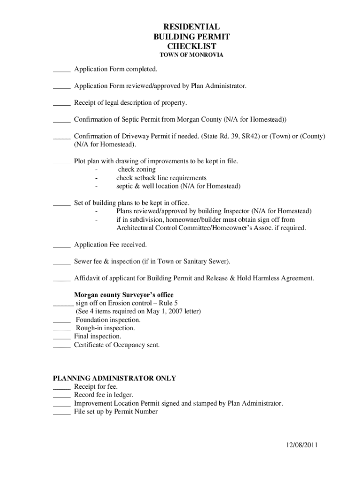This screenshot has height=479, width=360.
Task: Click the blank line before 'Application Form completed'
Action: pyautogui.click(x=61, y=71)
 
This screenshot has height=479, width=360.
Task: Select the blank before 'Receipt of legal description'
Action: pyautogui.click(x=61, y=104)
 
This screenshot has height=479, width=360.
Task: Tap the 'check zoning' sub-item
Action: pyautogui.click(x=137, y=169)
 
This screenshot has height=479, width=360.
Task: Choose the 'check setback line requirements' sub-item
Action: pyautogui.click(x=161, y=178)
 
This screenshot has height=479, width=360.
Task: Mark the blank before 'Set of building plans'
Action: pyautogui.click(x=61, y=204)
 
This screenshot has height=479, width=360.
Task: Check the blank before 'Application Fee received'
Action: pyautogui.click(x=61, y=246)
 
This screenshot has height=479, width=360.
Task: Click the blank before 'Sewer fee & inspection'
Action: pyautogui.click(x=61, y=262)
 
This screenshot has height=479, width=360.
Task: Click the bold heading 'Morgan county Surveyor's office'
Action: pyautogui.click(x=123, y=295)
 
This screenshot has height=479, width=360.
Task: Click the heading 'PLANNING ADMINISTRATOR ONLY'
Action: pyautogui.click(x=114, y=378)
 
